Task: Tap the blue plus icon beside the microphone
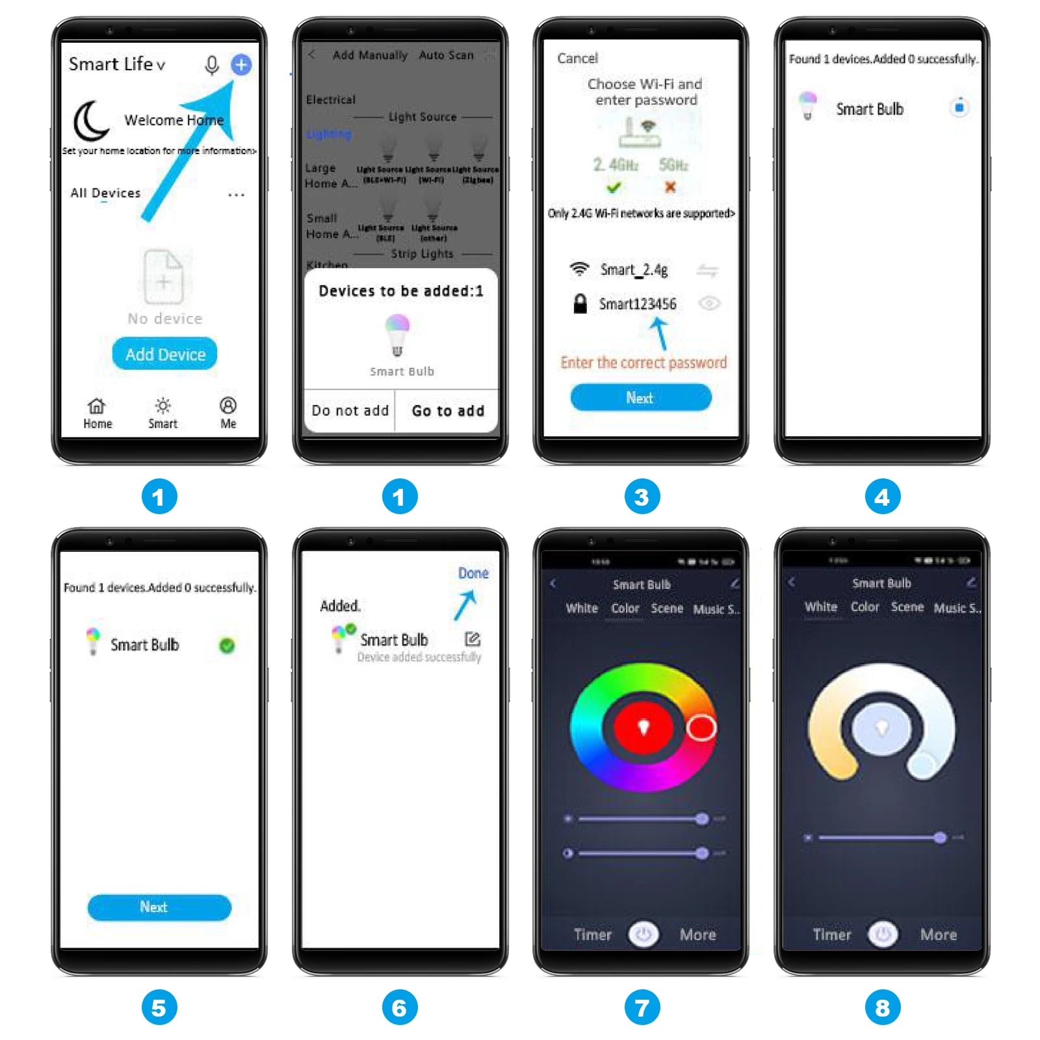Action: [x=241, y=64]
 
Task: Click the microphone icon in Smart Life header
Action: [x=211, y=65]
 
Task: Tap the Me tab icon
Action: [x=228, y=406]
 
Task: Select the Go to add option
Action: [x=448, y=411]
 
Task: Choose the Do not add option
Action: [x=350, y=411]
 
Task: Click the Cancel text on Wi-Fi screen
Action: [x=577, y=58]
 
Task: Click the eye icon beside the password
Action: [x=709, y=304]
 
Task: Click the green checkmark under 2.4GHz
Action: [x=614, y=188]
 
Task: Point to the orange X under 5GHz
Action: [x=670, y=187]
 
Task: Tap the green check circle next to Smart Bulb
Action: [x=227, y=645]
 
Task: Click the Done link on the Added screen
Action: [x=473, y=573]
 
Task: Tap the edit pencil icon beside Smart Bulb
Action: [x=473, y=640]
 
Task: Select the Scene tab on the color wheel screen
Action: [x=667, y=608]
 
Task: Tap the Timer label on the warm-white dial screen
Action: [x=831, y=935]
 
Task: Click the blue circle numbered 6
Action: [x=399, y=1007]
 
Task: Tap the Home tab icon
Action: [x=97, y=406]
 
